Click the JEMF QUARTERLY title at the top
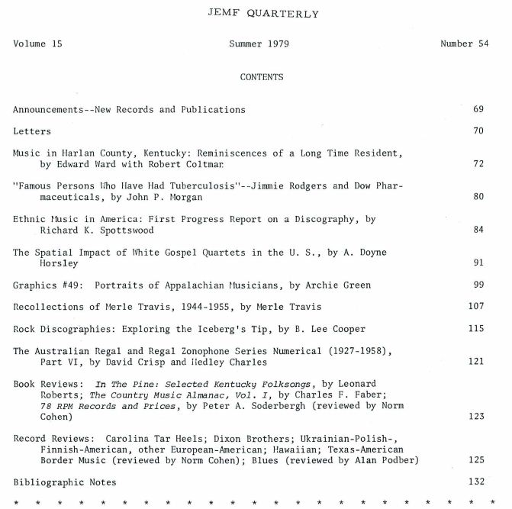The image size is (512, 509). pos(252,14)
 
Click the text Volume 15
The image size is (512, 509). pos(37,44)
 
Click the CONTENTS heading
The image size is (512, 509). pos(261,77)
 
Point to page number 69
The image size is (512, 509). pos(478,110)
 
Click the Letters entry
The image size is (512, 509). pos(32,132)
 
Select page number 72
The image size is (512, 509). pos(478,164)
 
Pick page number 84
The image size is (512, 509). pos(478,230)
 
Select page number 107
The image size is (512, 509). pos(475,307)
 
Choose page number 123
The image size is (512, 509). pos(475,417)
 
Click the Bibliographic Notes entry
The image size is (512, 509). pos(65,483)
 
